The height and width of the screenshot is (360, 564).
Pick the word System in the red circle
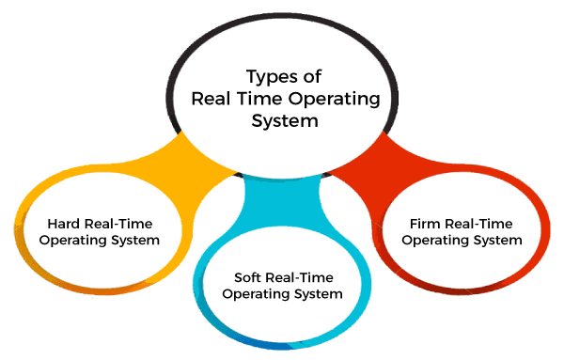click(499, 240)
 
